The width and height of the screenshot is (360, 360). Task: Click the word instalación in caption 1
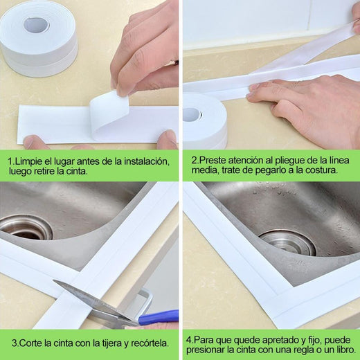[x=145, y=161]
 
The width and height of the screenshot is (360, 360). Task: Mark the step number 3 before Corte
[x=13, y=343]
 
